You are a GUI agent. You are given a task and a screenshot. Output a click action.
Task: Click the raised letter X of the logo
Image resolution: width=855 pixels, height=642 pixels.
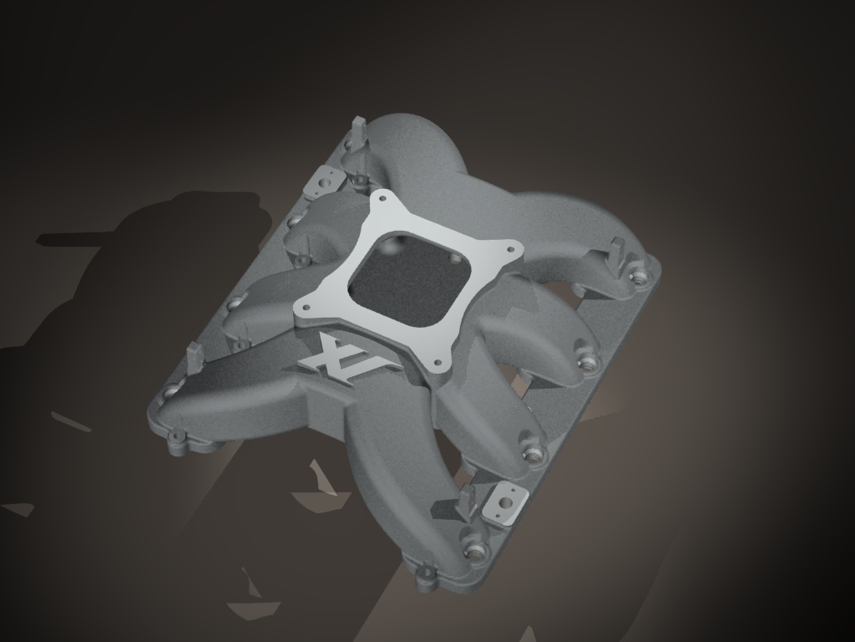pyautogui.click(x=327, y=355)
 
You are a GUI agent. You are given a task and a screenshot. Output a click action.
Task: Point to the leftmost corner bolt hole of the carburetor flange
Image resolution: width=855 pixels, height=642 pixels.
pyautogui.click(x=306, y=307)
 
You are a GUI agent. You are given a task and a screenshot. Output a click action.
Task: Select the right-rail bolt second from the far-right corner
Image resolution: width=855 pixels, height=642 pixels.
pyautogui.click(x=589, y=364)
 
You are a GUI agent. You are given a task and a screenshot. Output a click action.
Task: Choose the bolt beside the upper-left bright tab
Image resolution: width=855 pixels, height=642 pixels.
pyautogui.click(x=357, y=179)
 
